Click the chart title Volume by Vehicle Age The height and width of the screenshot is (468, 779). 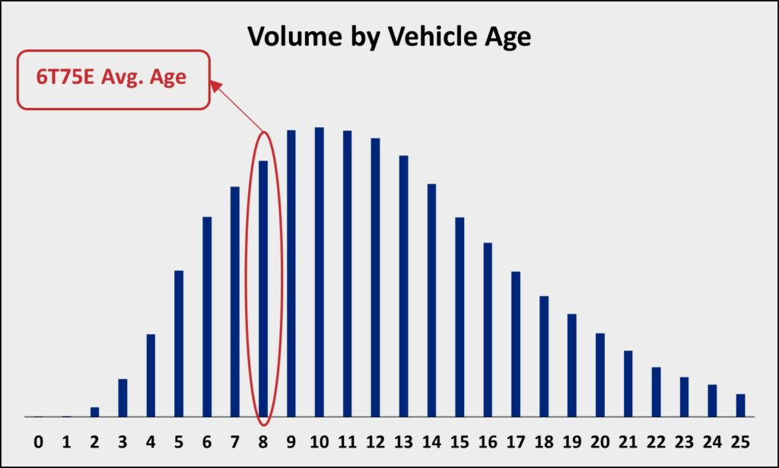[389, 37]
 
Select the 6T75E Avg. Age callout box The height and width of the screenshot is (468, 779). [114, 79]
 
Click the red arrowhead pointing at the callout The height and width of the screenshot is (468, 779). [216, 87]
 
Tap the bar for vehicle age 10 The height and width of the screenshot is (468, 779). [320, 272]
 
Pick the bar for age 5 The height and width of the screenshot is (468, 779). [179, 344]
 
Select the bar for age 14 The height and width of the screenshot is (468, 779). [432, 301]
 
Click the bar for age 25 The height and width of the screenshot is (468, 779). [741, 406]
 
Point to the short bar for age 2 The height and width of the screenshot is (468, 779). [94, 412]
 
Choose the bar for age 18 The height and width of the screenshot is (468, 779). [544, 357]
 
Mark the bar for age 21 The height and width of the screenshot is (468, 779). [628, 384]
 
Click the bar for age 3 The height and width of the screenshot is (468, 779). [122, 398]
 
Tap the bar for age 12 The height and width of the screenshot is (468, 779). [376, 278]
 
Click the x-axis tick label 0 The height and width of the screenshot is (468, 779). [38, 441]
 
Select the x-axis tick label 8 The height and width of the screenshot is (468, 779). [262, 441]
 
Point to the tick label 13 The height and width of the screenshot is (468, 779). [403, 441]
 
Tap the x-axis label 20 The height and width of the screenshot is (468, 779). [600, 441]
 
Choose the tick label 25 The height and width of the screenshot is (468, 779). [741, 441]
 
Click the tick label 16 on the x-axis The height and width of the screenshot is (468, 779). [488, 441]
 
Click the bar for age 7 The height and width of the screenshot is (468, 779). [235, 302]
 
